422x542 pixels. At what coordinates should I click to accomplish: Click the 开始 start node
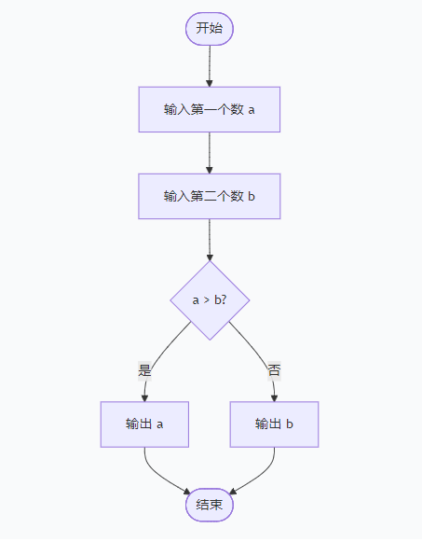[x=210, y=28]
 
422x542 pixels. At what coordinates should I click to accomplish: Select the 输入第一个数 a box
[x=210, y=109]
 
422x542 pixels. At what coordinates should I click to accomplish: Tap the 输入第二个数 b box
[x=210, y=196]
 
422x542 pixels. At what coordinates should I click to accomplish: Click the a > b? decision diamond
[x=210, y=300]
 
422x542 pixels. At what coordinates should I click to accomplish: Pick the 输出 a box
[x=144, y=424]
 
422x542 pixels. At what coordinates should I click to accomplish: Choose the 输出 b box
[x=275, y=424]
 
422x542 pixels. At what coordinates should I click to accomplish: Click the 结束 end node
[x=210, y=505]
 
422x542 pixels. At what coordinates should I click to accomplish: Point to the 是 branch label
[x=144, y=370]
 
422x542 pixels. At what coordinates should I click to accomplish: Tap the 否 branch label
[x=274, y=370]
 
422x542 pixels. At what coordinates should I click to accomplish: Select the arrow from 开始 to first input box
[x=210, y=65]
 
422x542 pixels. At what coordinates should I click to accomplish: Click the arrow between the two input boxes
[x=210, y=152]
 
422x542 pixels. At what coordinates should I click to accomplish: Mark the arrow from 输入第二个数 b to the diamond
[x=210, y=239]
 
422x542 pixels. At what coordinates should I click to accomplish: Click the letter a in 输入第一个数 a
[x=252, y=110]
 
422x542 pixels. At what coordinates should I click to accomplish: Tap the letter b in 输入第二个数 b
[x=252, y=196]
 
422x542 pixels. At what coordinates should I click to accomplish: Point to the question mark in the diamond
[x=224, y=300]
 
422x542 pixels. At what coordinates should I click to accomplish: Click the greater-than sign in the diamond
[x=206, y=300]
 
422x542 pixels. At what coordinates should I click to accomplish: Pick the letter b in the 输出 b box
[x=291, y=424]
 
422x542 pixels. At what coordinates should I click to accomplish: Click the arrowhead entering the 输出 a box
[x=144, y=397]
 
